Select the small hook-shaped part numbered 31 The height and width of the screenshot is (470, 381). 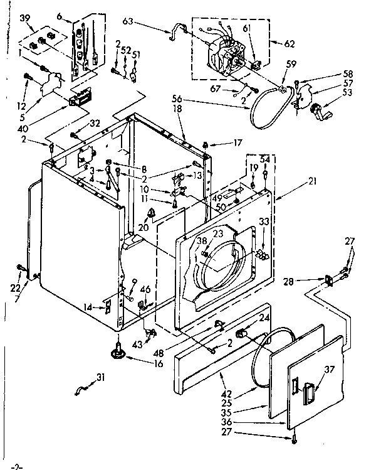79,392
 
